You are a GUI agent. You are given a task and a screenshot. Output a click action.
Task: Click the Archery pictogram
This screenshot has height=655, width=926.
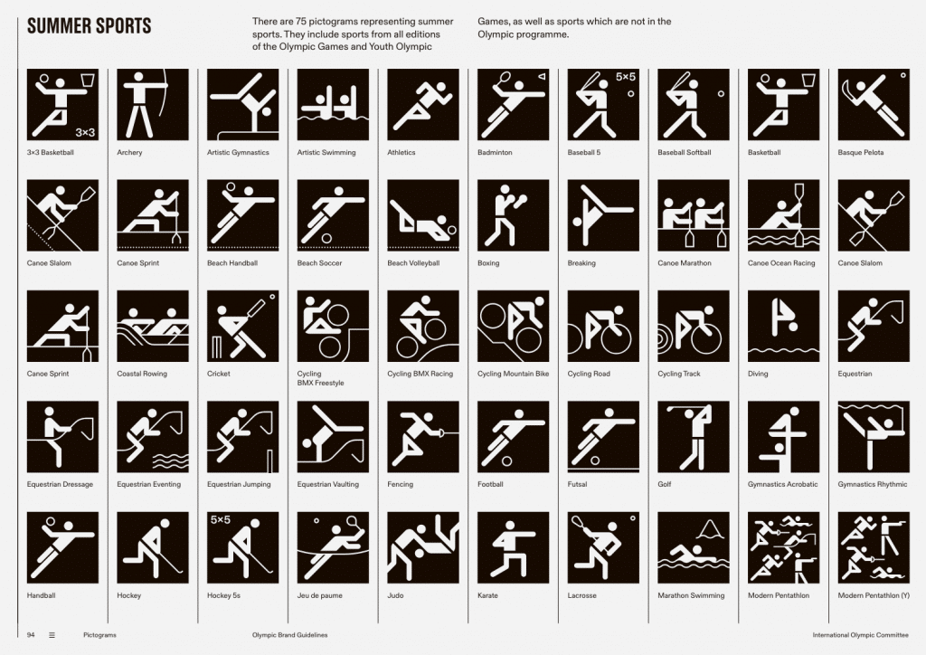tap(153, 105)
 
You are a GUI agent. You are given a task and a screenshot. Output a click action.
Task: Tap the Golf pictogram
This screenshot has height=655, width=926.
tap(694, 436)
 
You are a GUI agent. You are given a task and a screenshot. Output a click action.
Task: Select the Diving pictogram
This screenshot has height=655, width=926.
tap(784, 326)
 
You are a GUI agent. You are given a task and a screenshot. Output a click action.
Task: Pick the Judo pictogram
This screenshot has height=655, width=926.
tap(423, 547)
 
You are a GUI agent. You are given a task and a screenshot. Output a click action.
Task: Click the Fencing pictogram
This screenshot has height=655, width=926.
tap(423, 436)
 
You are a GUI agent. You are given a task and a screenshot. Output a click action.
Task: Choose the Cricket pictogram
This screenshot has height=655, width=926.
tap(242, 326)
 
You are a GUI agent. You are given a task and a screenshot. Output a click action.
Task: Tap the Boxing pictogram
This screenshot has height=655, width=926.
tap(514, 215)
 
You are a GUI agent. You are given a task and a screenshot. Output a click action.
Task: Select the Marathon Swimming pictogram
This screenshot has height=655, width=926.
tap(694, 547)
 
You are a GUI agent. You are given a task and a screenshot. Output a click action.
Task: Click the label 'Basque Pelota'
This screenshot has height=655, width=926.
tap(861, 152)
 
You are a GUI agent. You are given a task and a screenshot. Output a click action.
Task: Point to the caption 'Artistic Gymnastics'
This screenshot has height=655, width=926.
tap(238, 152)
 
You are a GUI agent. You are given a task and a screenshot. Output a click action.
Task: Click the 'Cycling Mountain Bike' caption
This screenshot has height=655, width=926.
tap(514, 374)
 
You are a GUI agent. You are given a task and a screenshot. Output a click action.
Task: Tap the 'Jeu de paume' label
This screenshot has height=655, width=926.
tap(319, 595)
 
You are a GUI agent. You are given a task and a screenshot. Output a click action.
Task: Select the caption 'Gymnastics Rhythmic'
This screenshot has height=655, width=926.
tap(873, 484)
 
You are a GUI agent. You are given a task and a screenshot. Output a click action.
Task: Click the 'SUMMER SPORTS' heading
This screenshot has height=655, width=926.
tap(90, 26)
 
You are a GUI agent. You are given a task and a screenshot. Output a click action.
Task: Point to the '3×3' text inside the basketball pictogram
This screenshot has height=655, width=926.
tap(85, 132)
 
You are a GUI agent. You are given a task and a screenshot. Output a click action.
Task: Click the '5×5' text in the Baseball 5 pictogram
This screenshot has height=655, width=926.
tap(626, 77)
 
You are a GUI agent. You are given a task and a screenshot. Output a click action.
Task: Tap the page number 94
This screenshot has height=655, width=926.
tap(31, 635)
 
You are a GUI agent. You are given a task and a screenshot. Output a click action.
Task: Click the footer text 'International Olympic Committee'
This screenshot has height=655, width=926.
tap(861, 635)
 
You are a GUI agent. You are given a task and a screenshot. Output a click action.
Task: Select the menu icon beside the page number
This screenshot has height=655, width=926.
tap(52, 635)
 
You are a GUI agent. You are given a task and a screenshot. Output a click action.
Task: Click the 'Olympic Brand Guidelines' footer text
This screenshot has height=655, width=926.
tap(290, 635)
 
